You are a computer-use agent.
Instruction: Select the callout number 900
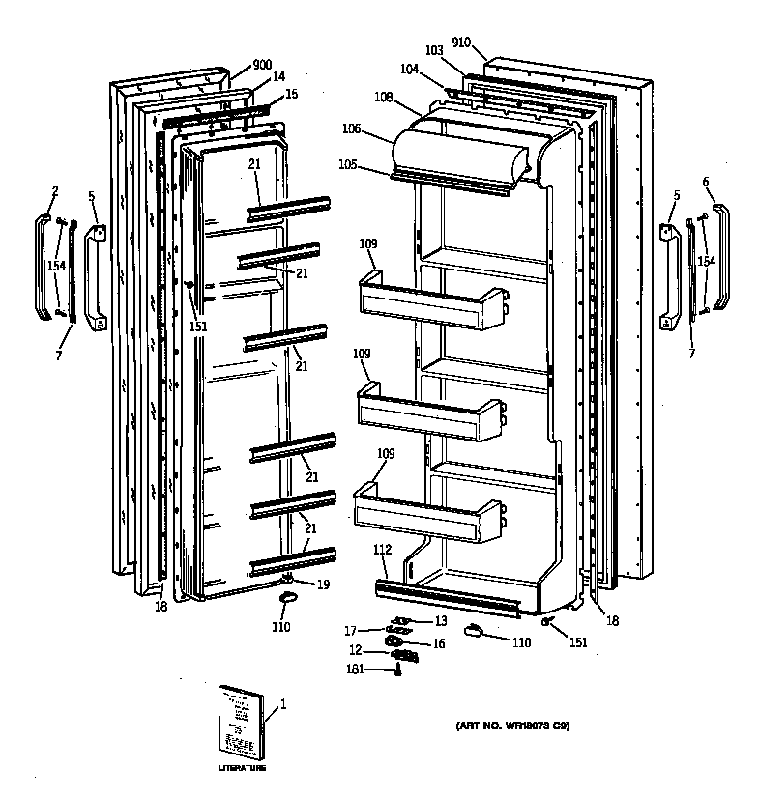262,64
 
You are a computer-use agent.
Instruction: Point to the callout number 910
460,42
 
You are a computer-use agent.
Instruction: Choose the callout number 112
381,551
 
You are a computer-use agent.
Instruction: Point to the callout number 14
278,76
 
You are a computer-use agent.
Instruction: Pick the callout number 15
292,95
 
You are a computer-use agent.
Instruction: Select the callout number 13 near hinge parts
440,621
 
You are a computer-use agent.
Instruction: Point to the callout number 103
434,49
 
